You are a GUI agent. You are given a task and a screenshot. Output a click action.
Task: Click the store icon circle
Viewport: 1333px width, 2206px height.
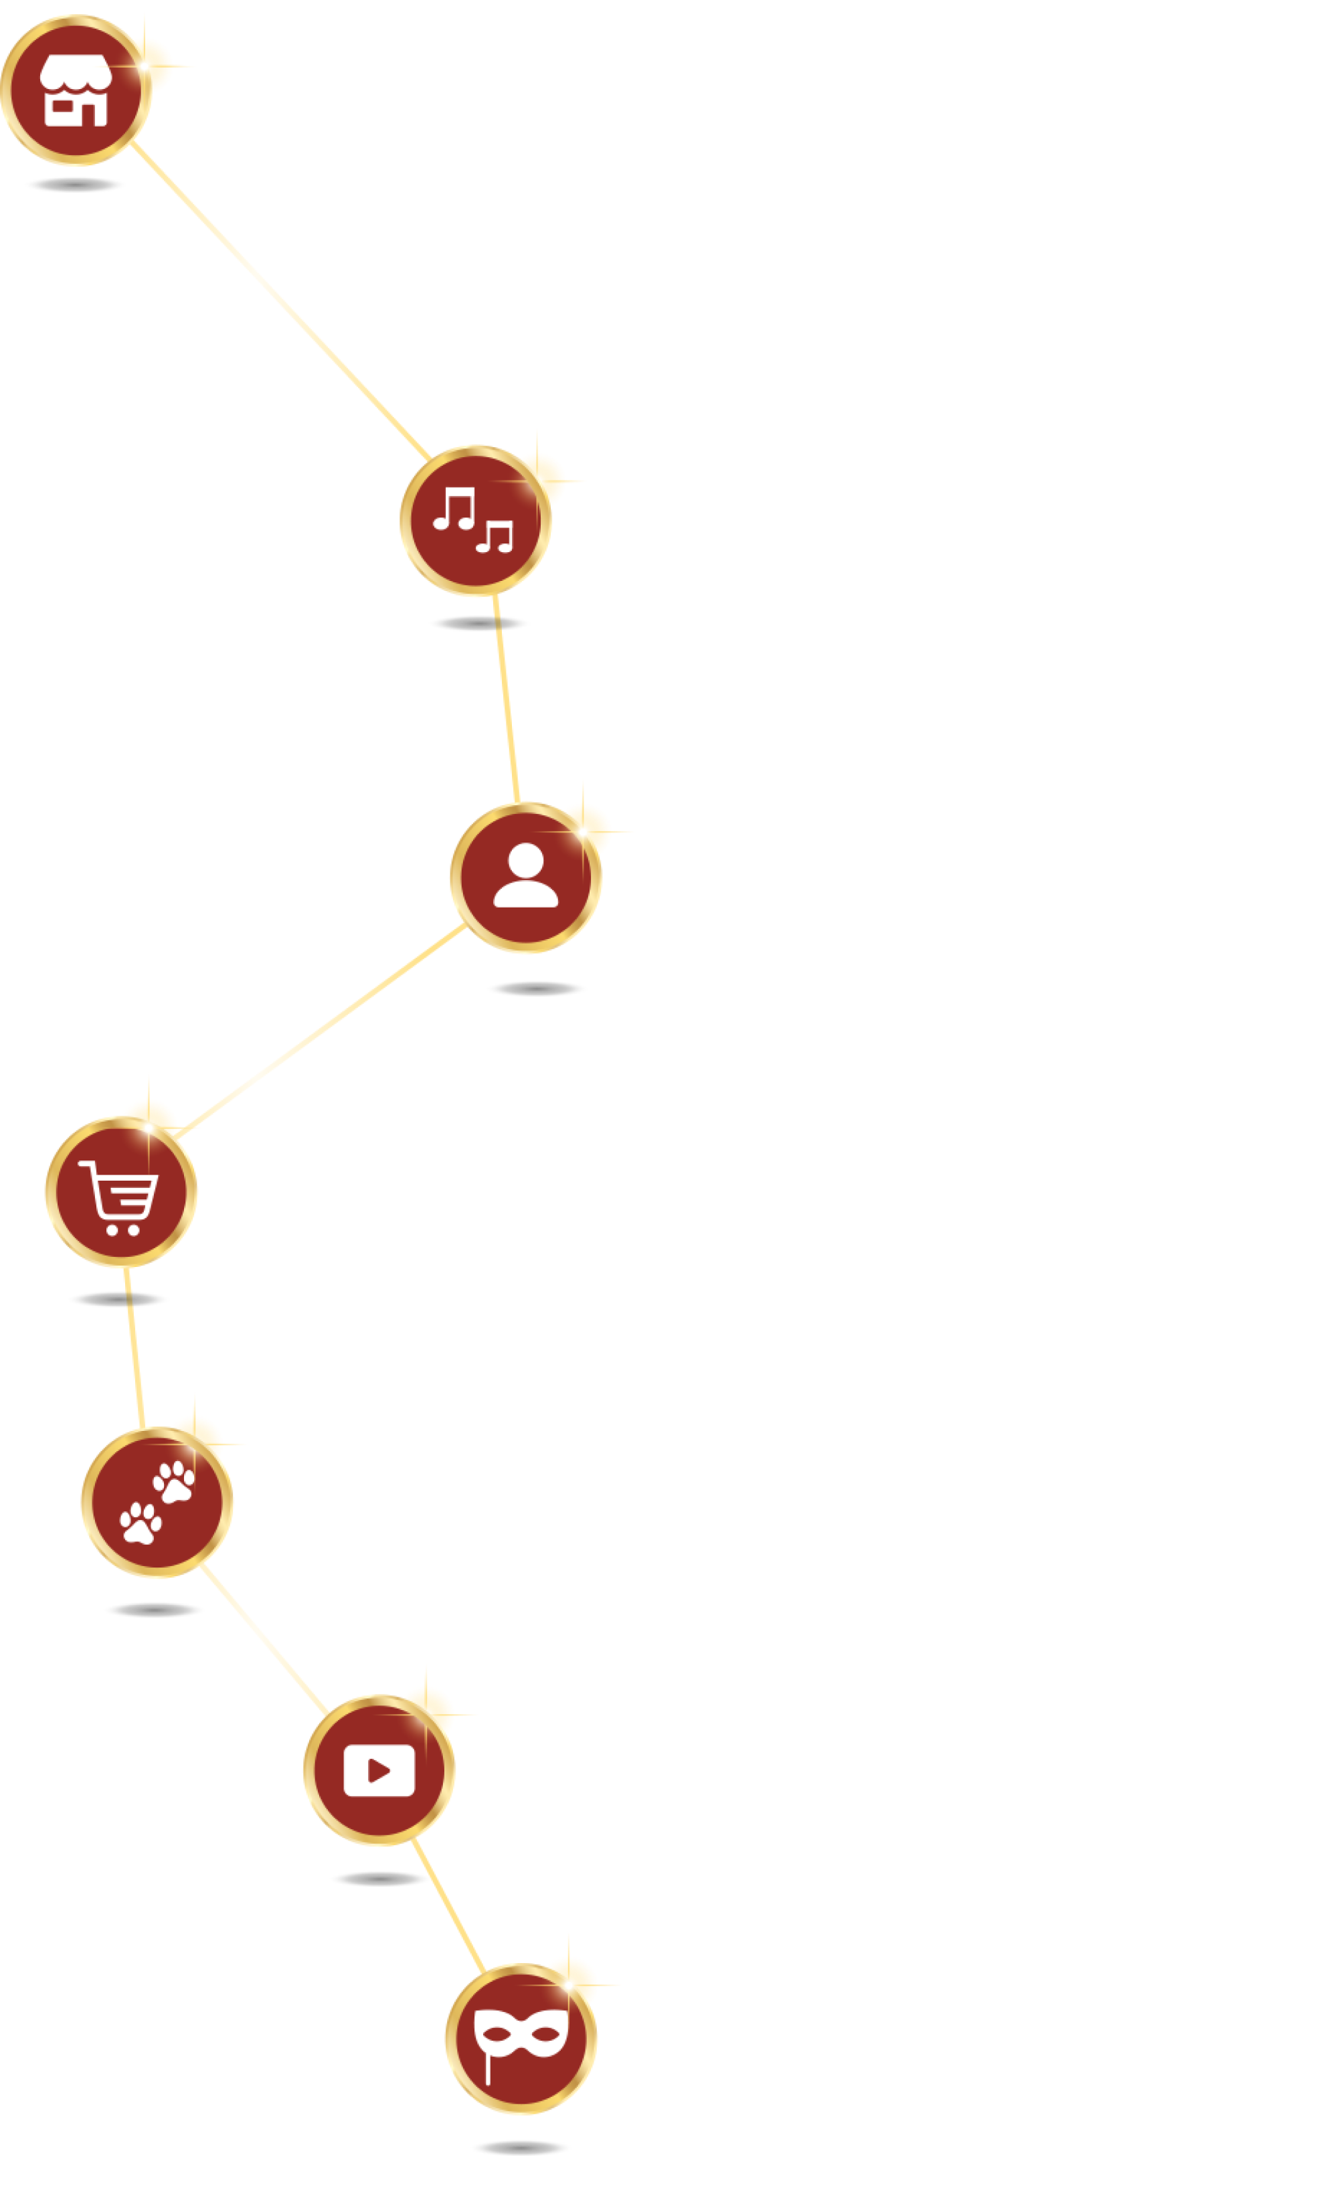(76, 90)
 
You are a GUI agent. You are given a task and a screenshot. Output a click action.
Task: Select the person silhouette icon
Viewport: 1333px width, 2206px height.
(525, 877)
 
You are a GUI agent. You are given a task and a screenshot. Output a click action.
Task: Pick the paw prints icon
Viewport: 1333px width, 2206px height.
(157, 1503)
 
